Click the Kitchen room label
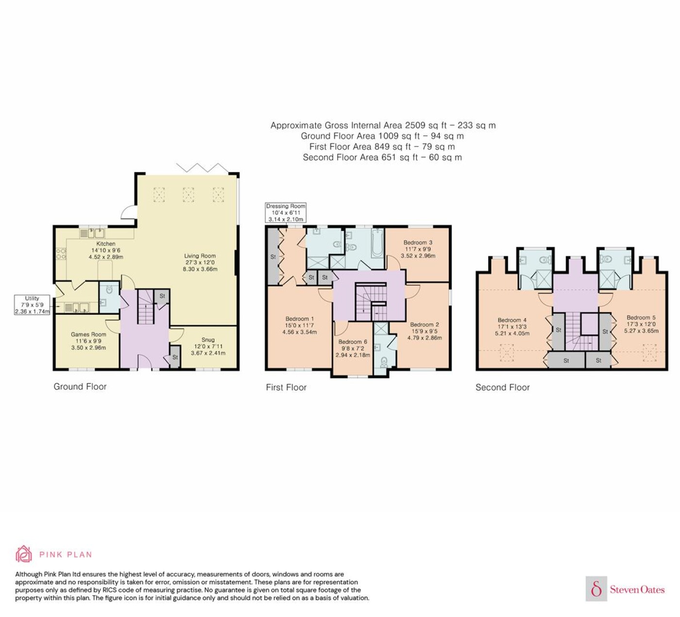point(106,243)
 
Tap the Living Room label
point(200,256)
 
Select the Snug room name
point(208,340)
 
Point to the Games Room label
point(88,334)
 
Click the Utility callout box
point(32,305)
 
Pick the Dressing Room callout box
point(286,213)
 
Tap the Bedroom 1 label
point(300,319)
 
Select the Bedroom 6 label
point(353,342)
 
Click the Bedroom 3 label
point(418,242)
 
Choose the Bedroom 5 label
point(641,318)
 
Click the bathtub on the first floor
point(377,243)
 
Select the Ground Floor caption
point(80,386)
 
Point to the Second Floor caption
point(502,387)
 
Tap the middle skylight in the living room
point(189,195)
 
